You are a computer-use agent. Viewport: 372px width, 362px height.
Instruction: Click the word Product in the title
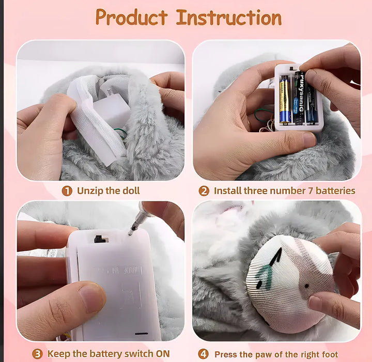[x=132, y=18]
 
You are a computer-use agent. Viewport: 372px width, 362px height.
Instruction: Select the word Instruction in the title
[x=229, y=18]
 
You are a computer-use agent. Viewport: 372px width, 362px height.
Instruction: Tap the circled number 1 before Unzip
[x=67, y=191]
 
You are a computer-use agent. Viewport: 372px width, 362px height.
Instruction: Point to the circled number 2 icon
[x=204, y=191]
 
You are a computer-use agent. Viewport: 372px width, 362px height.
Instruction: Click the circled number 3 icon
[x=37, y=354]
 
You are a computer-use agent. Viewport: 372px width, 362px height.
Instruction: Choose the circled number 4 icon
[x=204, y=354]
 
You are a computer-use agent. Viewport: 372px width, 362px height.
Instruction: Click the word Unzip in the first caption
[x=90, y=191]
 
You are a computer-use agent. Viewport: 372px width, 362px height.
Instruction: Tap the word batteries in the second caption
[x=335, y=191]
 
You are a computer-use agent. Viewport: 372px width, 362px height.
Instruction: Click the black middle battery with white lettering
[x=298, y=99]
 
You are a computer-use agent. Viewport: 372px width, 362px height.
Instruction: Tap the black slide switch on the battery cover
[x=98, y=239]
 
